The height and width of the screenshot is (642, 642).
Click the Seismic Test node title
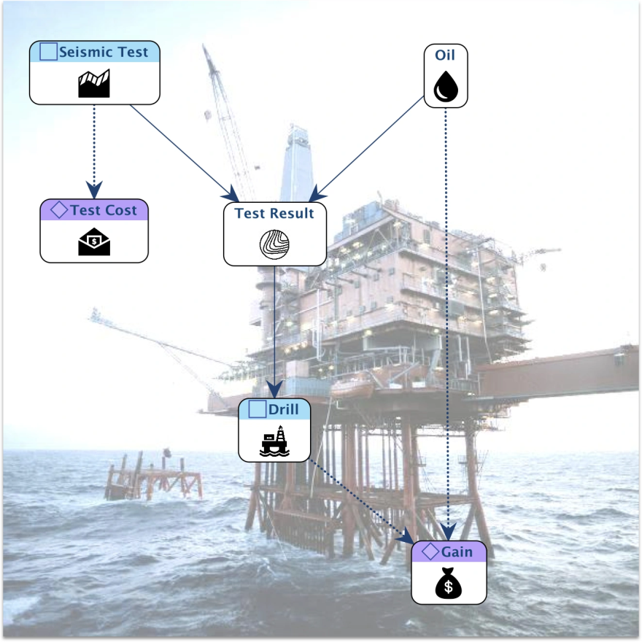point(103,53)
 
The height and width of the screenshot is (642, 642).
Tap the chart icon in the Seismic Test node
point(94,84)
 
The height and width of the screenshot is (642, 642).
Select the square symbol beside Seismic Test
point(48,52)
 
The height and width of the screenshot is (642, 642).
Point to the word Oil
point(446,55)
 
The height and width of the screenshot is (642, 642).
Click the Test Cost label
point(103,210)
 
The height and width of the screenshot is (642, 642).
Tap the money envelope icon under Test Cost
point(94,241)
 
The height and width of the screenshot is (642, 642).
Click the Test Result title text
point(274,213)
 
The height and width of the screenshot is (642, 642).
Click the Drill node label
point(283,409)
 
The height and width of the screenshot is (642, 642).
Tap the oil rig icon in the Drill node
point(274,441)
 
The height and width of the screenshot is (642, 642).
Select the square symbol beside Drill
point(257,409)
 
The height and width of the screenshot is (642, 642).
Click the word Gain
point(457,552)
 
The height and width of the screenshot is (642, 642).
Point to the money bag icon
point(448,584)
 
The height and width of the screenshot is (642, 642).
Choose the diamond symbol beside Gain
point(430,552)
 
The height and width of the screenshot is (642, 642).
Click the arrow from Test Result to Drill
point(274,328)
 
